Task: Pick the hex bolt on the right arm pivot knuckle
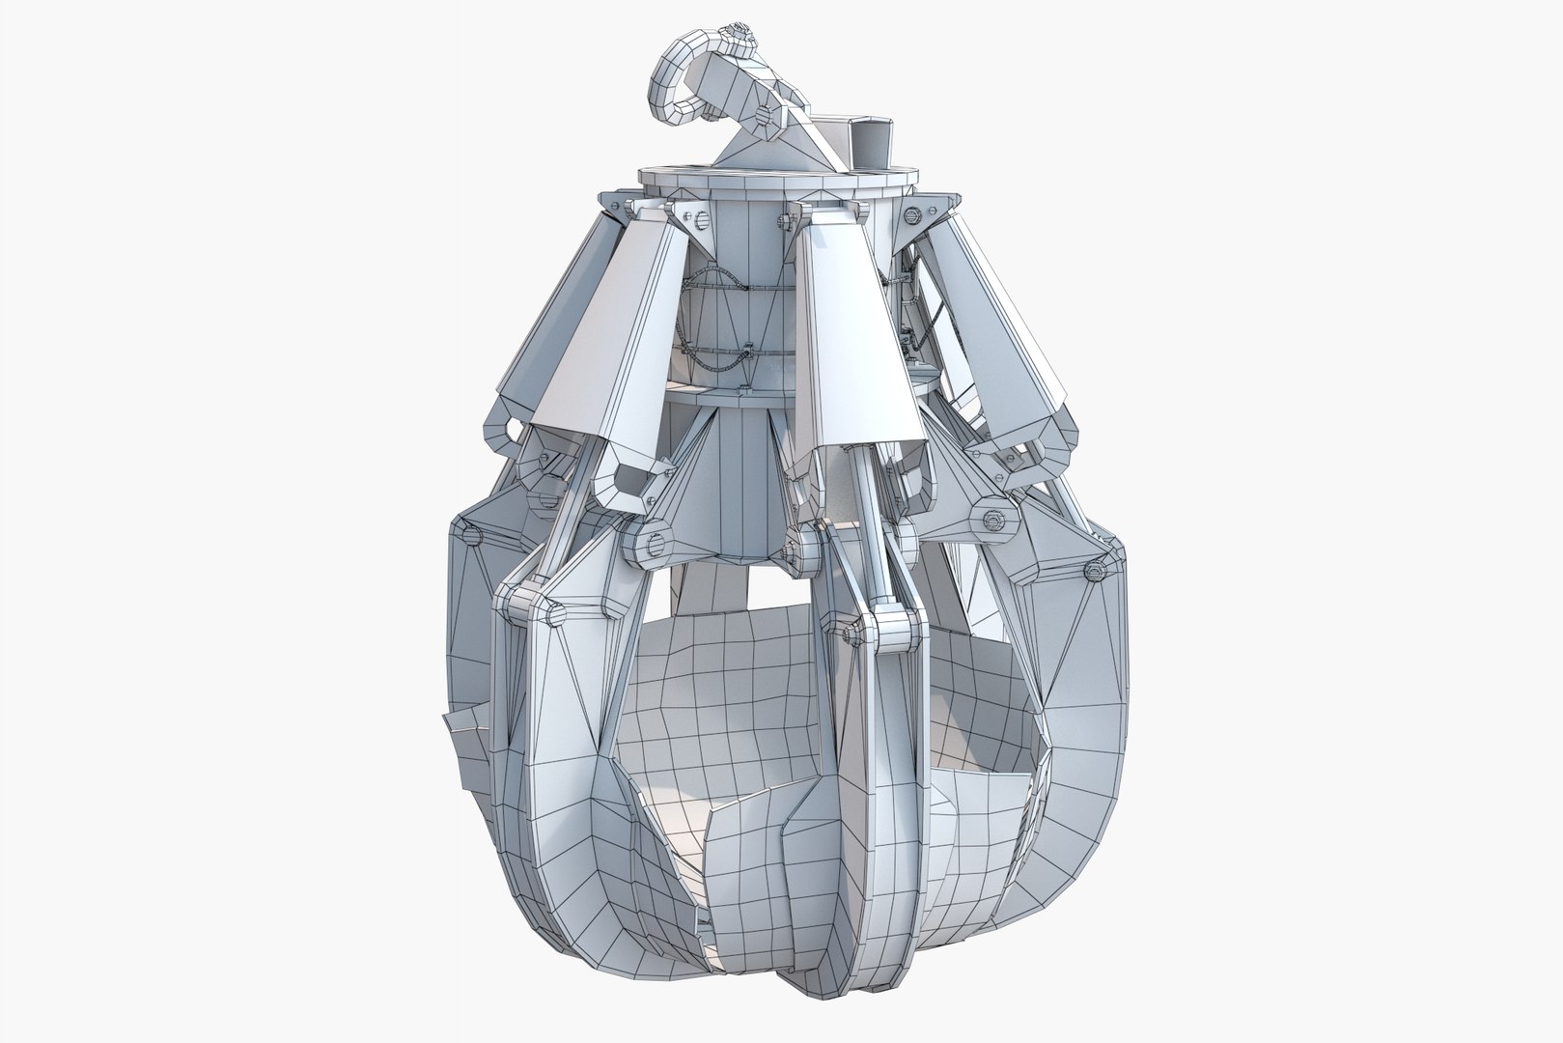(991, 522)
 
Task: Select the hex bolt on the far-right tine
(1098, 571)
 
